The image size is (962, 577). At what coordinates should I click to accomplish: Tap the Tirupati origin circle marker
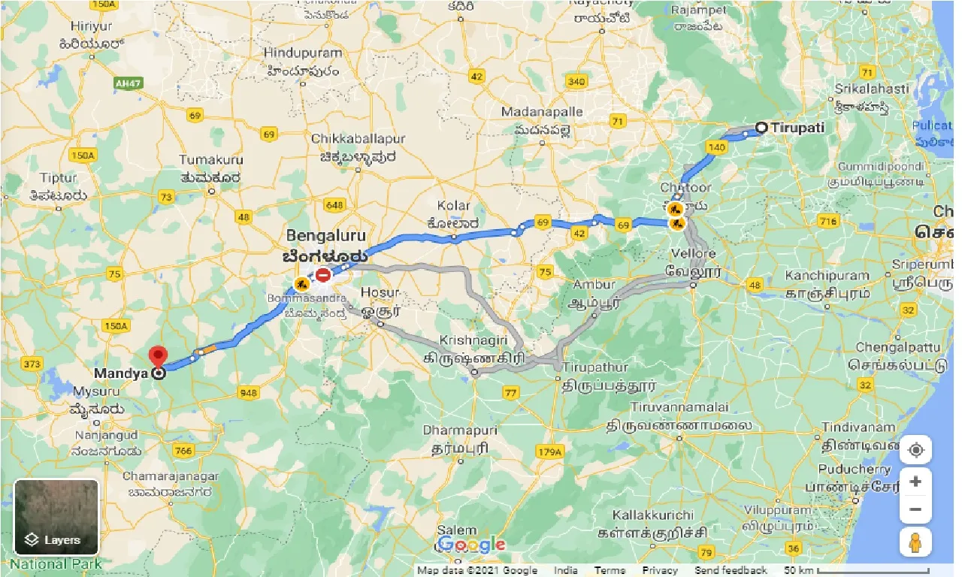[761, 128]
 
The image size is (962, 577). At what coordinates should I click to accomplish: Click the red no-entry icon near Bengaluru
[323, 275]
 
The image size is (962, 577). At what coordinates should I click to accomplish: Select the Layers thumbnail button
[56, 518]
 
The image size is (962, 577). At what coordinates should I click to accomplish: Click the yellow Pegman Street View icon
[915, 542]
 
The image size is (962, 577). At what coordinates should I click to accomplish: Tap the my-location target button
[915, 451]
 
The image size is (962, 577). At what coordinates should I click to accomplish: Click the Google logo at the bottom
[470, 545]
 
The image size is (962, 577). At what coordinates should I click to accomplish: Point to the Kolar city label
[453, 205]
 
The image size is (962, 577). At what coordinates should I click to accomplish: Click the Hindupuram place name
[302, 54]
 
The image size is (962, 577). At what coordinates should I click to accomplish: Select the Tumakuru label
[211, 160]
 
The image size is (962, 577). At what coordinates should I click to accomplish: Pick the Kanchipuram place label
[827, 276]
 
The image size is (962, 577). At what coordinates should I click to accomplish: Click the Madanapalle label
[542, 111]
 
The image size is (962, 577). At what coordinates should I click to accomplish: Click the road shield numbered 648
[334, 204]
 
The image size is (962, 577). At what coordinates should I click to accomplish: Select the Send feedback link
[731, 570]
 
